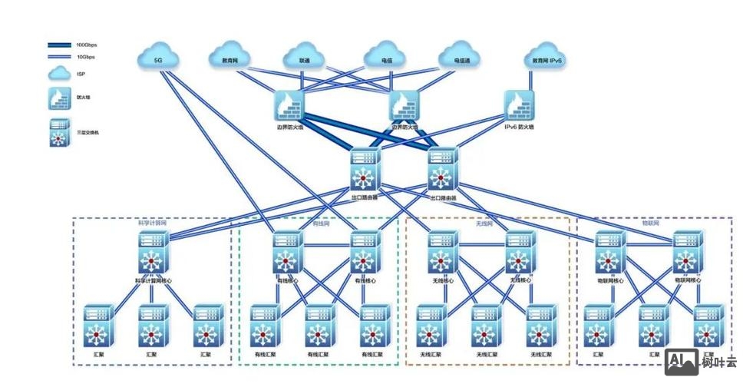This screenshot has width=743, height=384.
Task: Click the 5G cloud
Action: point(159,57)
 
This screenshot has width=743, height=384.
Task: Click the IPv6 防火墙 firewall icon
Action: point(520,104)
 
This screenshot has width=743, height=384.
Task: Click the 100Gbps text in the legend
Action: point(86,45)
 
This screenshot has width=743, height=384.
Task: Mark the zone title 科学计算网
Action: point(151,223)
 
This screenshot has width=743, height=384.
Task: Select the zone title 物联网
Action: point(652,223)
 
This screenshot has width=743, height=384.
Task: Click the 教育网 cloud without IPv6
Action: point(230,57)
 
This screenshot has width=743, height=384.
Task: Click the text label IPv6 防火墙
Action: point(519,127)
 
